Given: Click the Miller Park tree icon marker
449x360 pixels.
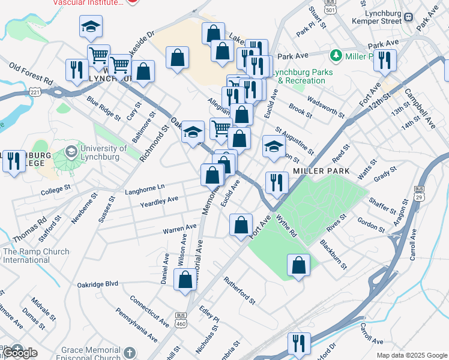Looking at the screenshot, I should [336, 56].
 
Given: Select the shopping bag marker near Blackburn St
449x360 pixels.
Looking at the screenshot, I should [298, 265].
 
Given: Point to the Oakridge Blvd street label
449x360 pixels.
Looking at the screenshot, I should [97, 284].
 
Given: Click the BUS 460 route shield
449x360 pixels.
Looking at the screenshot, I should [181, 319].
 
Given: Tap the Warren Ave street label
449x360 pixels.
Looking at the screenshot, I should [179, 229].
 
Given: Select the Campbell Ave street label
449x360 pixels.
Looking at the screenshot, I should [420, 109].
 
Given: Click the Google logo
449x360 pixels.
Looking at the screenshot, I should [20, 353].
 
